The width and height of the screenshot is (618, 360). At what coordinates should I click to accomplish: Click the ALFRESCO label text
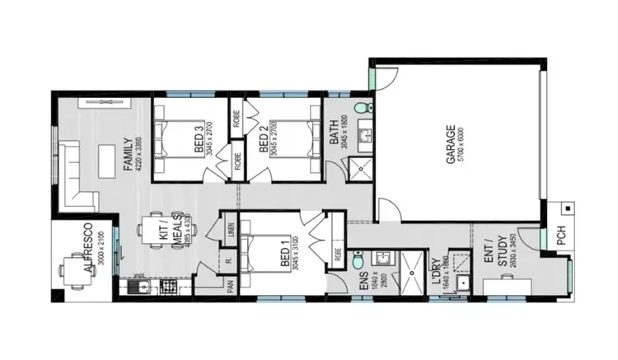click(x=87, y=248)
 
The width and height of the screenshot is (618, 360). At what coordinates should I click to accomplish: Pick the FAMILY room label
click(x=128, y=153)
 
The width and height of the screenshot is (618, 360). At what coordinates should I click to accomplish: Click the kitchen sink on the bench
click(x=142, y=288)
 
